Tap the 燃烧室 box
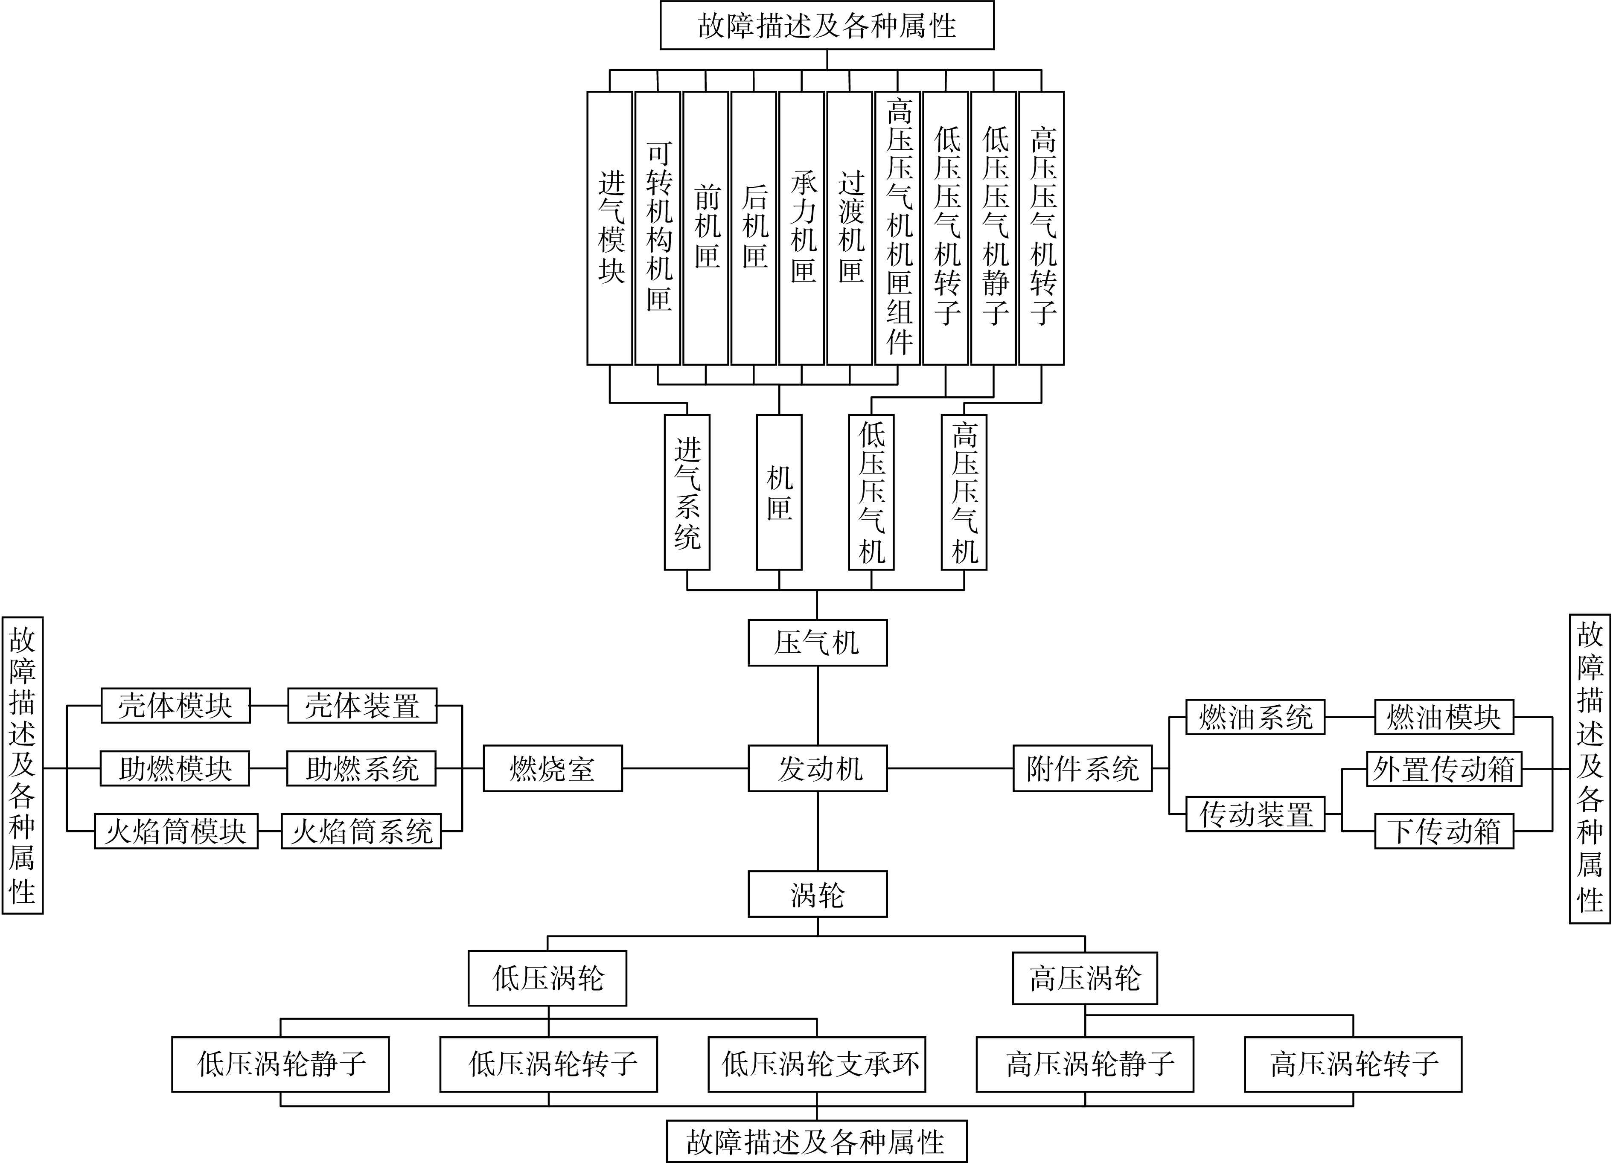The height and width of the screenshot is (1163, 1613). click(553, 768)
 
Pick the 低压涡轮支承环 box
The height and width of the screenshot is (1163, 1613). click(816, 1064)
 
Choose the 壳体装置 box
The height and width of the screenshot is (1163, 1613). click(362, 705)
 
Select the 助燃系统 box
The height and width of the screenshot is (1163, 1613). click(361, 768)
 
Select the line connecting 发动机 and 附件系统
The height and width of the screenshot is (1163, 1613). click(950, 768)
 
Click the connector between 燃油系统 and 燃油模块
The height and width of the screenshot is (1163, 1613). click(1349, 717)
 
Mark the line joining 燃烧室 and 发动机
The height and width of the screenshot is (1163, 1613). click(685, 768)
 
